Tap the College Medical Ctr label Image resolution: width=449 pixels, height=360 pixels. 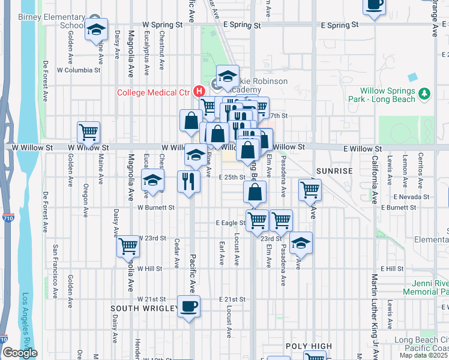coord(153,92)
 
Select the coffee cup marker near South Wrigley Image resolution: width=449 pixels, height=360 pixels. coord(189,306)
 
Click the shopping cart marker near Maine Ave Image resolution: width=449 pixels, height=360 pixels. coord(88,132)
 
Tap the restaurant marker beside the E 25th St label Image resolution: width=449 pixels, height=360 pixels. coord(189,181)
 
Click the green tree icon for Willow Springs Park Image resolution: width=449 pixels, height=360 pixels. coord(424,94)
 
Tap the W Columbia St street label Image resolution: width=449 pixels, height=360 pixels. coord(79,70)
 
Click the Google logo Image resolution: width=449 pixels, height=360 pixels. coord(20,353)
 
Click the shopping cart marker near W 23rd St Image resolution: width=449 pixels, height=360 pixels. coord(128,245)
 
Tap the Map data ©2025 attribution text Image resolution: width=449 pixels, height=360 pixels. coord(424,355)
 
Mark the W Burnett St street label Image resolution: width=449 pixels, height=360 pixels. coord(155,208)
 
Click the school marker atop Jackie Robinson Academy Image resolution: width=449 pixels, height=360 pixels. coord(228,76)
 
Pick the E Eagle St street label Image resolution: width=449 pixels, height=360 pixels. coord(231,223)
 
